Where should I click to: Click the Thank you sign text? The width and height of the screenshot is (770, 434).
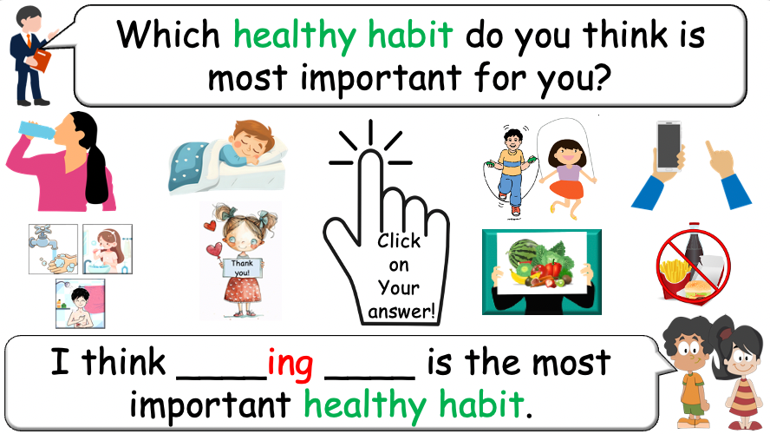(239, 267)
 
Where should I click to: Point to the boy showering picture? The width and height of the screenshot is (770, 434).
(80, 303)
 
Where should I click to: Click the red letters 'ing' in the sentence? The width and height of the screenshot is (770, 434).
(290, 363)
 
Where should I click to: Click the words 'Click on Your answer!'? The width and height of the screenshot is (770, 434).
(401, 276)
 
